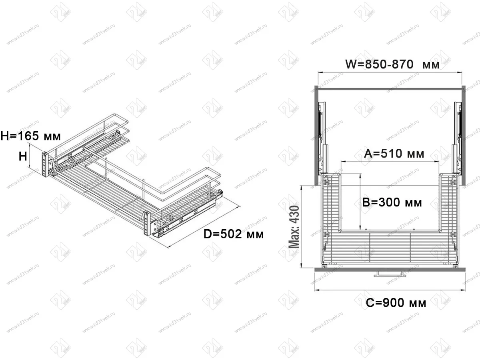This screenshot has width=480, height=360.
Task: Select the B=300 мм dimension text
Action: click(392, 202)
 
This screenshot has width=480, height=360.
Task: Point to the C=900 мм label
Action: click(396, 303)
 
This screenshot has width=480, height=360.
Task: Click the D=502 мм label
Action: click(234, 234)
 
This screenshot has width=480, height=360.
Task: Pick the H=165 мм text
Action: click(31, 136)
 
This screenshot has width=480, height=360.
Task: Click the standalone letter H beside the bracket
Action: click(23, 157)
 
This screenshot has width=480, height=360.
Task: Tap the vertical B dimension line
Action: click(360, 202)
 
